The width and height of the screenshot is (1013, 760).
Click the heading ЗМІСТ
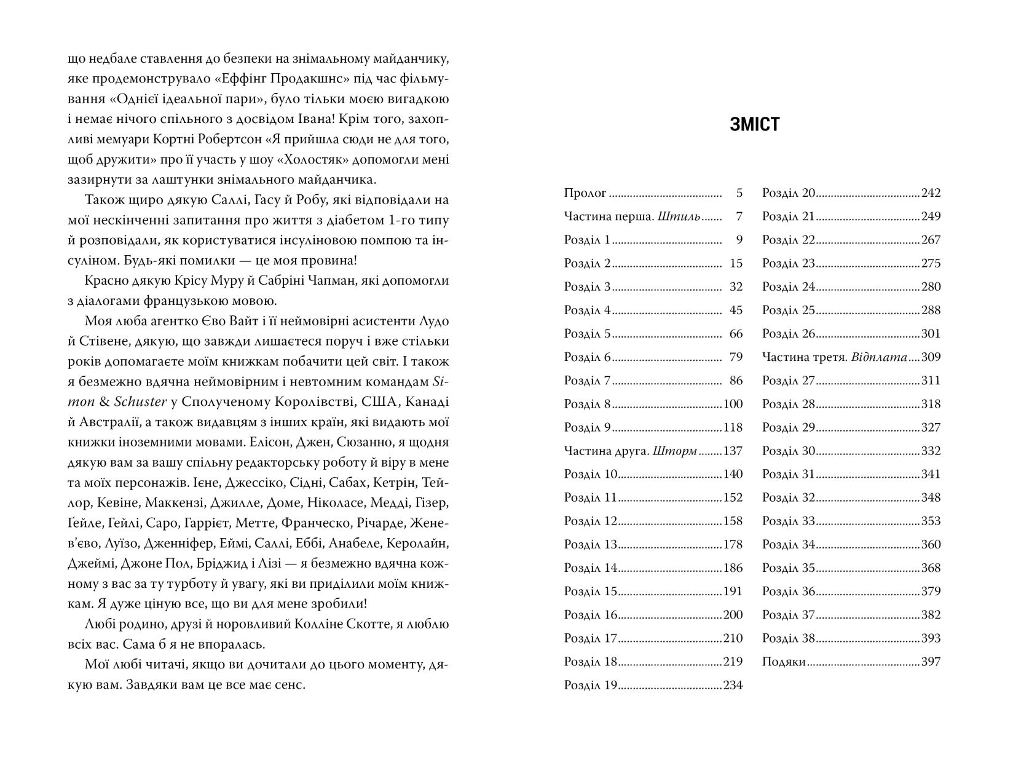755,124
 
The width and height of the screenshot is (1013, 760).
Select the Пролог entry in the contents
585,193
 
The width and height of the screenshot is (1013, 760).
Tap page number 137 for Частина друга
733,451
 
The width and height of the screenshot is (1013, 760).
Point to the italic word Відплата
880,357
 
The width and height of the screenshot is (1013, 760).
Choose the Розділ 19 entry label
590,685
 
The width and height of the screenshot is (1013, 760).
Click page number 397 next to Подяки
931,662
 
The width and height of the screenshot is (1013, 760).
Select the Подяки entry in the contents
784,662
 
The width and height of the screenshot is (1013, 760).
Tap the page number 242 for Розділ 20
931,193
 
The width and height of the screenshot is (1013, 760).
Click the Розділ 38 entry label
788,638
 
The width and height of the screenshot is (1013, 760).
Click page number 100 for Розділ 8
733,404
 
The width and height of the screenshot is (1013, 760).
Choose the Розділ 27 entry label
788,381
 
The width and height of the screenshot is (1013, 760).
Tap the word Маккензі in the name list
165,502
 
